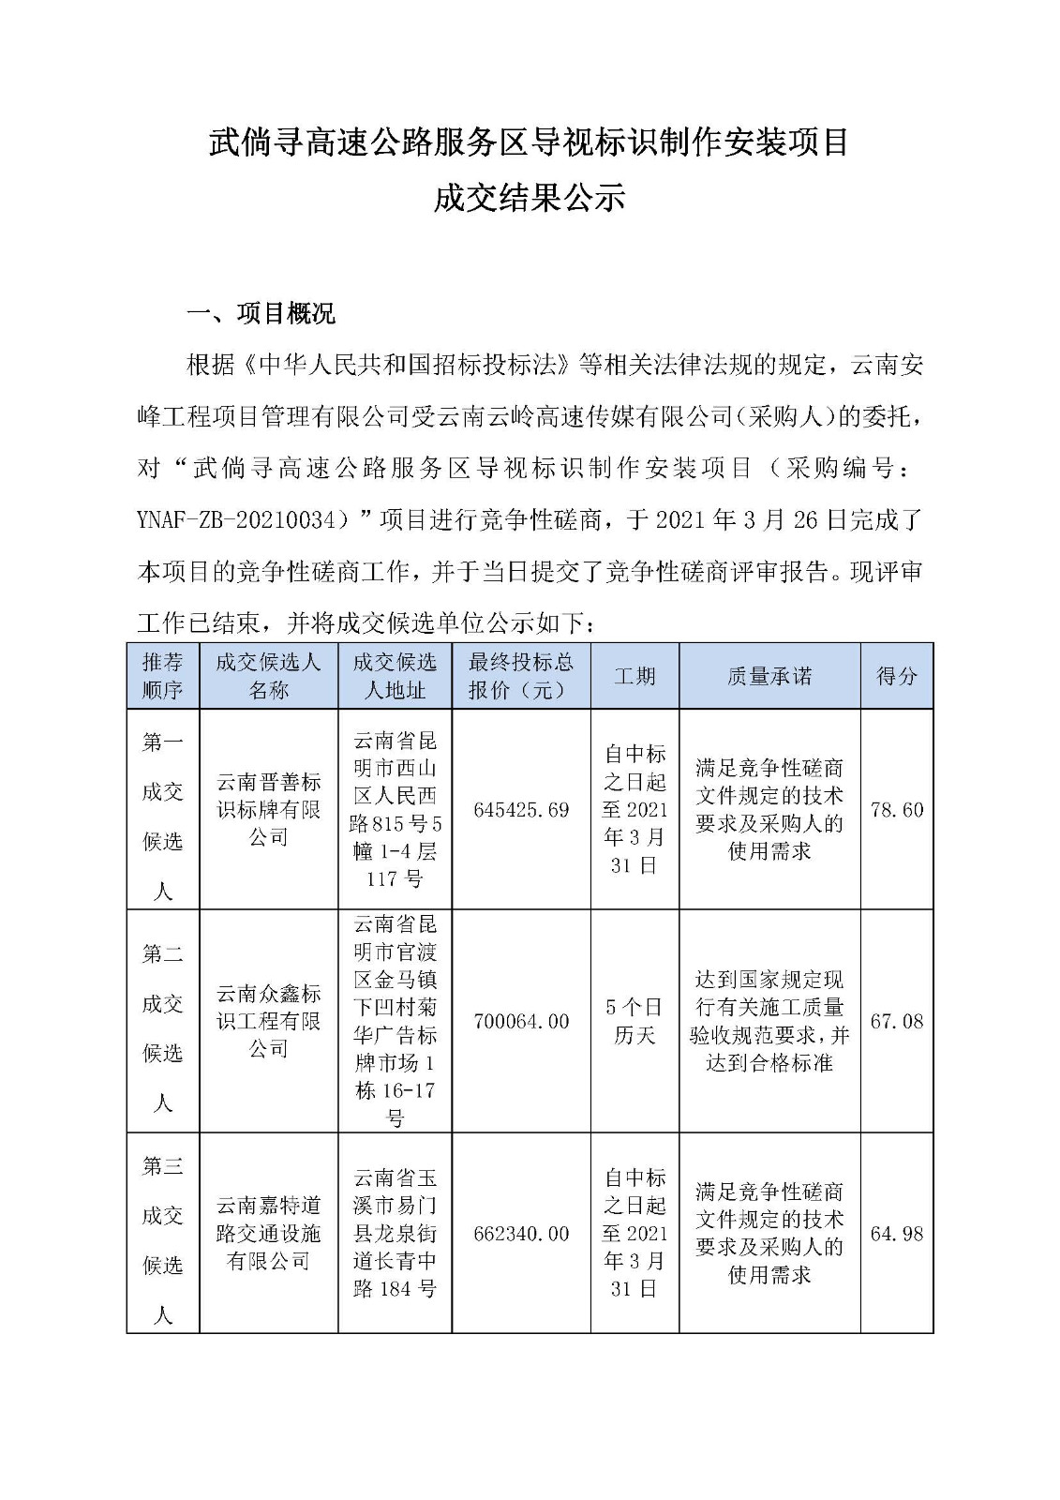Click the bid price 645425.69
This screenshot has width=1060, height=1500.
pos(521,810)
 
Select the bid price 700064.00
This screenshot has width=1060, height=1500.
pos(521,1022)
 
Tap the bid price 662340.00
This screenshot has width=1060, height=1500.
pos(521,1234)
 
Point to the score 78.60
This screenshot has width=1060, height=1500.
pos(897,810)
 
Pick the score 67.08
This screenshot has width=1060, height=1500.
pos(897,1022)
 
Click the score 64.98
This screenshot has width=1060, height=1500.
pos(897,1234)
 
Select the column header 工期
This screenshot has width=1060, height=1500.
pos(635,676)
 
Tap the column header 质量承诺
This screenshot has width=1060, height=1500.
pos(769,676)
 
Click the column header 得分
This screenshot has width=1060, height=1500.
pos(897,676)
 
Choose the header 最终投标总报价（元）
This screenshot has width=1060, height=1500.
pos(521,676)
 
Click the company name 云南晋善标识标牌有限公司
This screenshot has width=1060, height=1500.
pos(269,810)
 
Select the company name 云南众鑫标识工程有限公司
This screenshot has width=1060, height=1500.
pos(269,1022)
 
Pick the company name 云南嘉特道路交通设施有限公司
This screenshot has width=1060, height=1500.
pos(269,1234)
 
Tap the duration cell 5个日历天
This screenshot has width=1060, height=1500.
pos(635,1022)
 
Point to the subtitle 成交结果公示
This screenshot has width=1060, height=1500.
pos(530,198)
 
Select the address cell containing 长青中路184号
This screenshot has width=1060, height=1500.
pos(395,1234)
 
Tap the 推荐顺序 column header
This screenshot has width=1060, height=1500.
pos(163,676)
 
